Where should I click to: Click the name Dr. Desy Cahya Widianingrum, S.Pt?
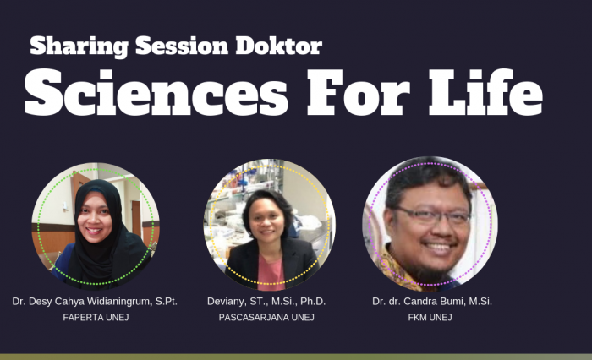[95, 301]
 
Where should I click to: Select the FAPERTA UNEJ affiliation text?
[95, 318]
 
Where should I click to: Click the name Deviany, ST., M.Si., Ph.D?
[266, 301]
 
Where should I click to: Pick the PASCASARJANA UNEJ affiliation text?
[266, 318]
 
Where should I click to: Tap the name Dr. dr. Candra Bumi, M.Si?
[432, 301]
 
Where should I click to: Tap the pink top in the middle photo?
[270, 274]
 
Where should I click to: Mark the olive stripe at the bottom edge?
[296, 357]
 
